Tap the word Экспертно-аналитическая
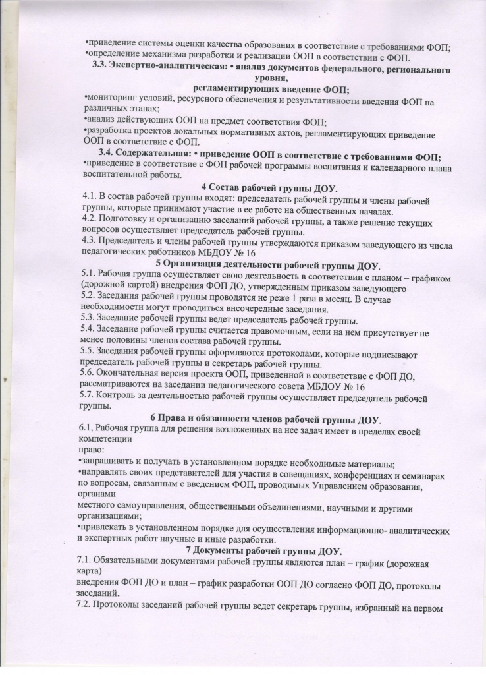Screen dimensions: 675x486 click(169, 69)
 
